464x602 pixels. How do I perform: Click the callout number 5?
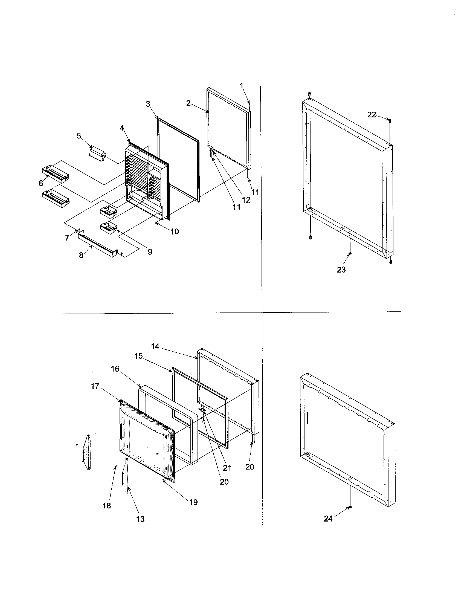79,136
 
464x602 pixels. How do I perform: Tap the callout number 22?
372,115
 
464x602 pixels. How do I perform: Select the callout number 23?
341,270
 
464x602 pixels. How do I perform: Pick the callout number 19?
194,502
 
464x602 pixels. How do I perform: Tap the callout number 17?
95,386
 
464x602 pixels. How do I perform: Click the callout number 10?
175,231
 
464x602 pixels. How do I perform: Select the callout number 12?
246,200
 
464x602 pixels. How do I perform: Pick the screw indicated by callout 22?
390,120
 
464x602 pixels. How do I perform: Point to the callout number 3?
148,104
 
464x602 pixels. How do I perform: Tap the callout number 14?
155,346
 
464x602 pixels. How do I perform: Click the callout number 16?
115,369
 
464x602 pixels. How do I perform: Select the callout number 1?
242,86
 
